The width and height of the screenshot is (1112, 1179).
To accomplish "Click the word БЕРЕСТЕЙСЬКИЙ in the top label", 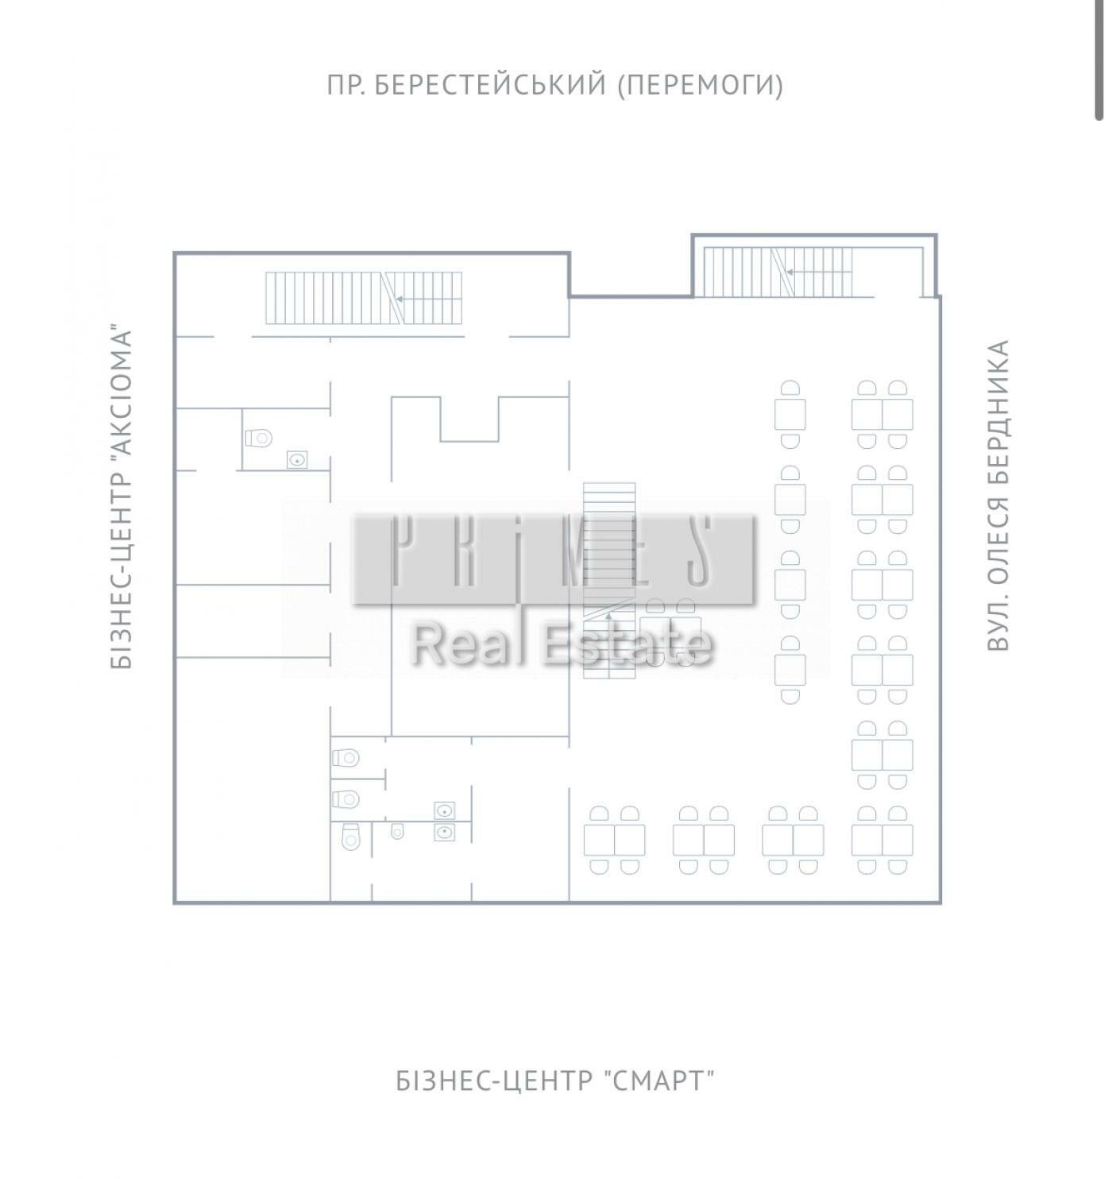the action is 490,85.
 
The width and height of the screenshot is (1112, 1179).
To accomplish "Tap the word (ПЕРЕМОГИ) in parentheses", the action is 701,85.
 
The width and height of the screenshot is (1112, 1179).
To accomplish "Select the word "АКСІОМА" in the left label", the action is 121,392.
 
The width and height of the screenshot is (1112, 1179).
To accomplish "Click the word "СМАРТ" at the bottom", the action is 662,1080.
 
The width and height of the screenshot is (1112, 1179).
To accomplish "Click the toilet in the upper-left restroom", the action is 259,438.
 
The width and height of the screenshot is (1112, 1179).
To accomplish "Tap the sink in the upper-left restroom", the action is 297,459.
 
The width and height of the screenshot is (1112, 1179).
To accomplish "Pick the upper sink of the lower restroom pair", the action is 445,810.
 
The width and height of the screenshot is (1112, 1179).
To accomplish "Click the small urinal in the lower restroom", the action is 397,831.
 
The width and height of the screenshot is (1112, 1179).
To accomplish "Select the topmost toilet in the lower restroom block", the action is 346,758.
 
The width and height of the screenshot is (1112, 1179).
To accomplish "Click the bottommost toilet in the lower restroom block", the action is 350,837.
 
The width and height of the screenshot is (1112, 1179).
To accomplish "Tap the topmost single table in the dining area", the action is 790,415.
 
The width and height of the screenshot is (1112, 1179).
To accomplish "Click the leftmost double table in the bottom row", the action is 614,840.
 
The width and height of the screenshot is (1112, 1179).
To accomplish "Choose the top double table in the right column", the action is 882,415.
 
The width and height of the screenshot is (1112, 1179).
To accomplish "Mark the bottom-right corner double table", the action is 882,840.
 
